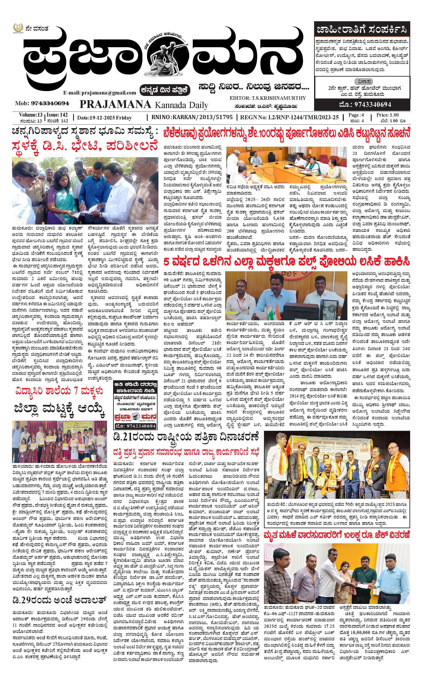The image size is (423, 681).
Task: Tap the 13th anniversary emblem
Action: point(18,28)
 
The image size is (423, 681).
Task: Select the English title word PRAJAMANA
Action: point(115,105)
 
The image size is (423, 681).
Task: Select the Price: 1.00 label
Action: point(387,115)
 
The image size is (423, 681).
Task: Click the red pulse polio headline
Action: point(286,262)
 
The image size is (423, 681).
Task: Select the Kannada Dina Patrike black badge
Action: point(166,90)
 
